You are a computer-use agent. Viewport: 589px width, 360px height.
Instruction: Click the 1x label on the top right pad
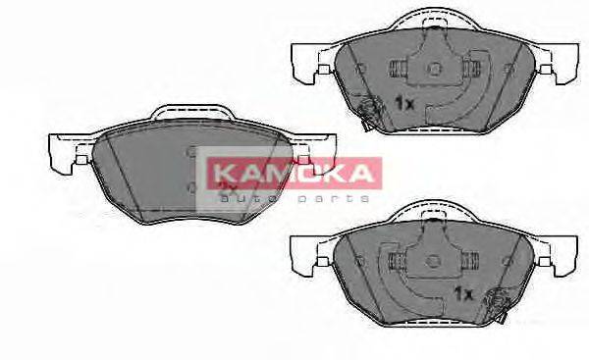coord(403,103)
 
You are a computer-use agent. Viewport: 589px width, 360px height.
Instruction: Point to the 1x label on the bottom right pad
coord(463,293)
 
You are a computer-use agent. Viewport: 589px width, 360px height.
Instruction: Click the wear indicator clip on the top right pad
coord(369,114)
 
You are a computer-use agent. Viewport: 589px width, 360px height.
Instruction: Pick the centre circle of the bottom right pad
coord(433,259)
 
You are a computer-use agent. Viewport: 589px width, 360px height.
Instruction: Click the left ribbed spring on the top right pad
coord(399,70)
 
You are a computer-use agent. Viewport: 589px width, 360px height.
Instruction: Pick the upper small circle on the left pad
coord(191,152)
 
